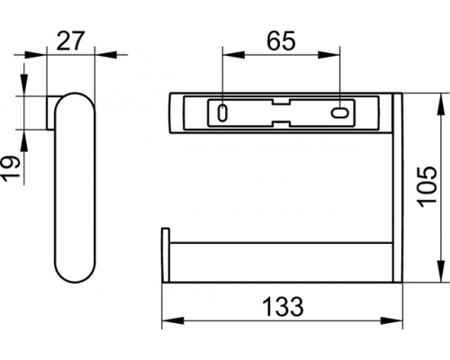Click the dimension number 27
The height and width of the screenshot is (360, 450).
[x=71, y=40]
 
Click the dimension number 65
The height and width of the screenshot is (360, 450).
[x=281, y=40]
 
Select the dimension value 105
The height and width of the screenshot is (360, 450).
[x=427, y=186]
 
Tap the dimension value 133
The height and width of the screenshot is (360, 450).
[x=283, y=307]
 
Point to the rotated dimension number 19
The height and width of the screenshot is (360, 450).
[x=11, y=168]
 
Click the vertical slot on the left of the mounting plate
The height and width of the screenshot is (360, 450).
[x=222, y=113]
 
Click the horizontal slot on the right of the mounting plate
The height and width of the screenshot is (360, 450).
[x=340, y=112]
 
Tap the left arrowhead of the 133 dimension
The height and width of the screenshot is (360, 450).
[x=173, y=320]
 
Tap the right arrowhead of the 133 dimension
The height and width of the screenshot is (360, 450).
[x=391, y=320]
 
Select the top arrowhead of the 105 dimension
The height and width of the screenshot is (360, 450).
[x=440, y=104]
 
